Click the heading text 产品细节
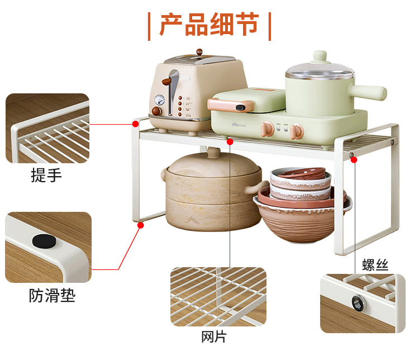click(x=209, y=25)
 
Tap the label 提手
click(x=46, y=176)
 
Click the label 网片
click(x=214, y=337)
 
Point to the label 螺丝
click(x=375, y=265)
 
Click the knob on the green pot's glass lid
click(x=320, y=57)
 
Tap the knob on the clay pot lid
click(x=213, y=152)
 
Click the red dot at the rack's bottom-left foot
click(x=141, y=225)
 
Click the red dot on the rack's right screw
click(x=354, y=160)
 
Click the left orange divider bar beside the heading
click(x=149, y=26)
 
